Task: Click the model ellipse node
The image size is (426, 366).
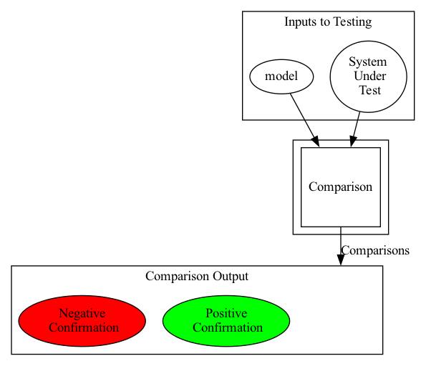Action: pos(281,76)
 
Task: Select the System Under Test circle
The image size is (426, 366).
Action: pos(369,76)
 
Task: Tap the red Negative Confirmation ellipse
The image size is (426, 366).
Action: pos(82,321)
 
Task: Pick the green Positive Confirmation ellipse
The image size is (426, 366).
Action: pos(226,321)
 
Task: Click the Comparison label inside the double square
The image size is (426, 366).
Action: pos(340,187)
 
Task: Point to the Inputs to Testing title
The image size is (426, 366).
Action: pos(328,21)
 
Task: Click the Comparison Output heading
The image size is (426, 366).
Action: pos(197,276)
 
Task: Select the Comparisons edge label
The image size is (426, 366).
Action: pos(375,250)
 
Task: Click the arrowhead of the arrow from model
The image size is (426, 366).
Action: pos(316,142)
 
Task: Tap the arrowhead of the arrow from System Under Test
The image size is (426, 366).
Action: pos(352,142)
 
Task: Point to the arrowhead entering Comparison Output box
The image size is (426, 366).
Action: pos(341,260)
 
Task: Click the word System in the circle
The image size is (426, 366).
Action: pos(368,62)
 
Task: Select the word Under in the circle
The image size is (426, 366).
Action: pos(369,76)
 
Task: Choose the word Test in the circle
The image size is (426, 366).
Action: pos(369,90)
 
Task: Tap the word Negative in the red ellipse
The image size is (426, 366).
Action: pos(82,313)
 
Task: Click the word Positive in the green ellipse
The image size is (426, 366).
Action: pos(226,313)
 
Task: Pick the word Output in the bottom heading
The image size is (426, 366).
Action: pos(231,276)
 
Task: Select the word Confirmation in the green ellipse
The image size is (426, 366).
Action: pos(228,327)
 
